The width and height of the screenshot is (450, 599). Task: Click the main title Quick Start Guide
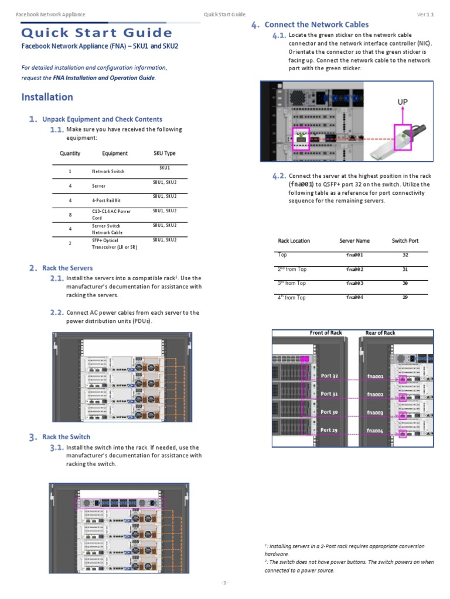[x=97, y=33]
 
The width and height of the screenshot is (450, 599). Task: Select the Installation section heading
[x=47, y=97]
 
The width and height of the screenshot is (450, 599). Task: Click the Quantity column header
[x=70, y=154]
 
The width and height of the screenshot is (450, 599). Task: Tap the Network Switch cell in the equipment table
[x=108, y=171]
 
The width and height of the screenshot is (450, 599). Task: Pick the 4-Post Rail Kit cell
[x=106, y=200]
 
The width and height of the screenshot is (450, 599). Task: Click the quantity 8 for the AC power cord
[x=70, y=215]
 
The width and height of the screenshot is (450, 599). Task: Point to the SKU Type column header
[x=164, y=154]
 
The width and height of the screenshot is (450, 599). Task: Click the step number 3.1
[x=57, y=447]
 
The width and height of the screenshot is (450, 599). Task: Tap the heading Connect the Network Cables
[x=316, y=25]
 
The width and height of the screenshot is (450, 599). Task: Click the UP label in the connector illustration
[x=403, y=102]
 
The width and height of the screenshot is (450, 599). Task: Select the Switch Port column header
[x=405, y=240]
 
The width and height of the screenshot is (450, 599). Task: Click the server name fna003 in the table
[x=354, y=283]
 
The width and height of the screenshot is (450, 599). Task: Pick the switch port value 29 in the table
[x=405, y=298]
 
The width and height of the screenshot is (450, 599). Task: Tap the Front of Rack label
[x=326, y=333]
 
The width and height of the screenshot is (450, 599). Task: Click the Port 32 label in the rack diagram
[x=329, y=376]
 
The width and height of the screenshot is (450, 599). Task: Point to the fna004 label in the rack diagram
[x=375, y=431]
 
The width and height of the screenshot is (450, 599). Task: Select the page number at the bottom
[x=224, y=583]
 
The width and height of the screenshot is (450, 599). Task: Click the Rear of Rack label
[x=380, y=333]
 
